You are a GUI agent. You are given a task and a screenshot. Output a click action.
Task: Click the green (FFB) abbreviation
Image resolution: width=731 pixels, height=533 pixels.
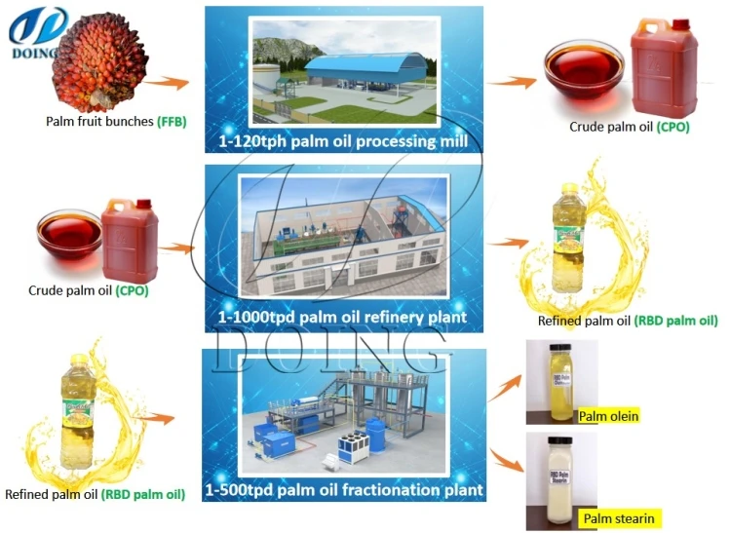[x=172, y=122]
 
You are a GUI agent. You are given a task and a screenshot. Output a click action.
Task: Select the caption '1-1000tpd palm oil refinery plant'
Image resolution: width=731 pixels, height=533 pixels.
[x=335, y=318]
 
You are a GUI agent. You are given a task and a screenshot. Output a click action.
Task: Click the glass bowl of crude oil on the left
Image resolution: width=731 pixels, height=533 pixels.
[x=69, y=238]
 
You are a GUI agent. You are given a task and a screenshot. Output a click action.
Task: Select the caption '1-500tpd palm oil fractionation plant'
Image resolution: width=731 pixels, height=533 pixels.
[x=343, y=490]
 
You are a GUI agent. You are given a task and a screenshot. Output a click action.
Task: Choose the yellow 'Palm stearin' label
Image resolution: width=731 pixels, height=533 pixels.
[x=618, y=518]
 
